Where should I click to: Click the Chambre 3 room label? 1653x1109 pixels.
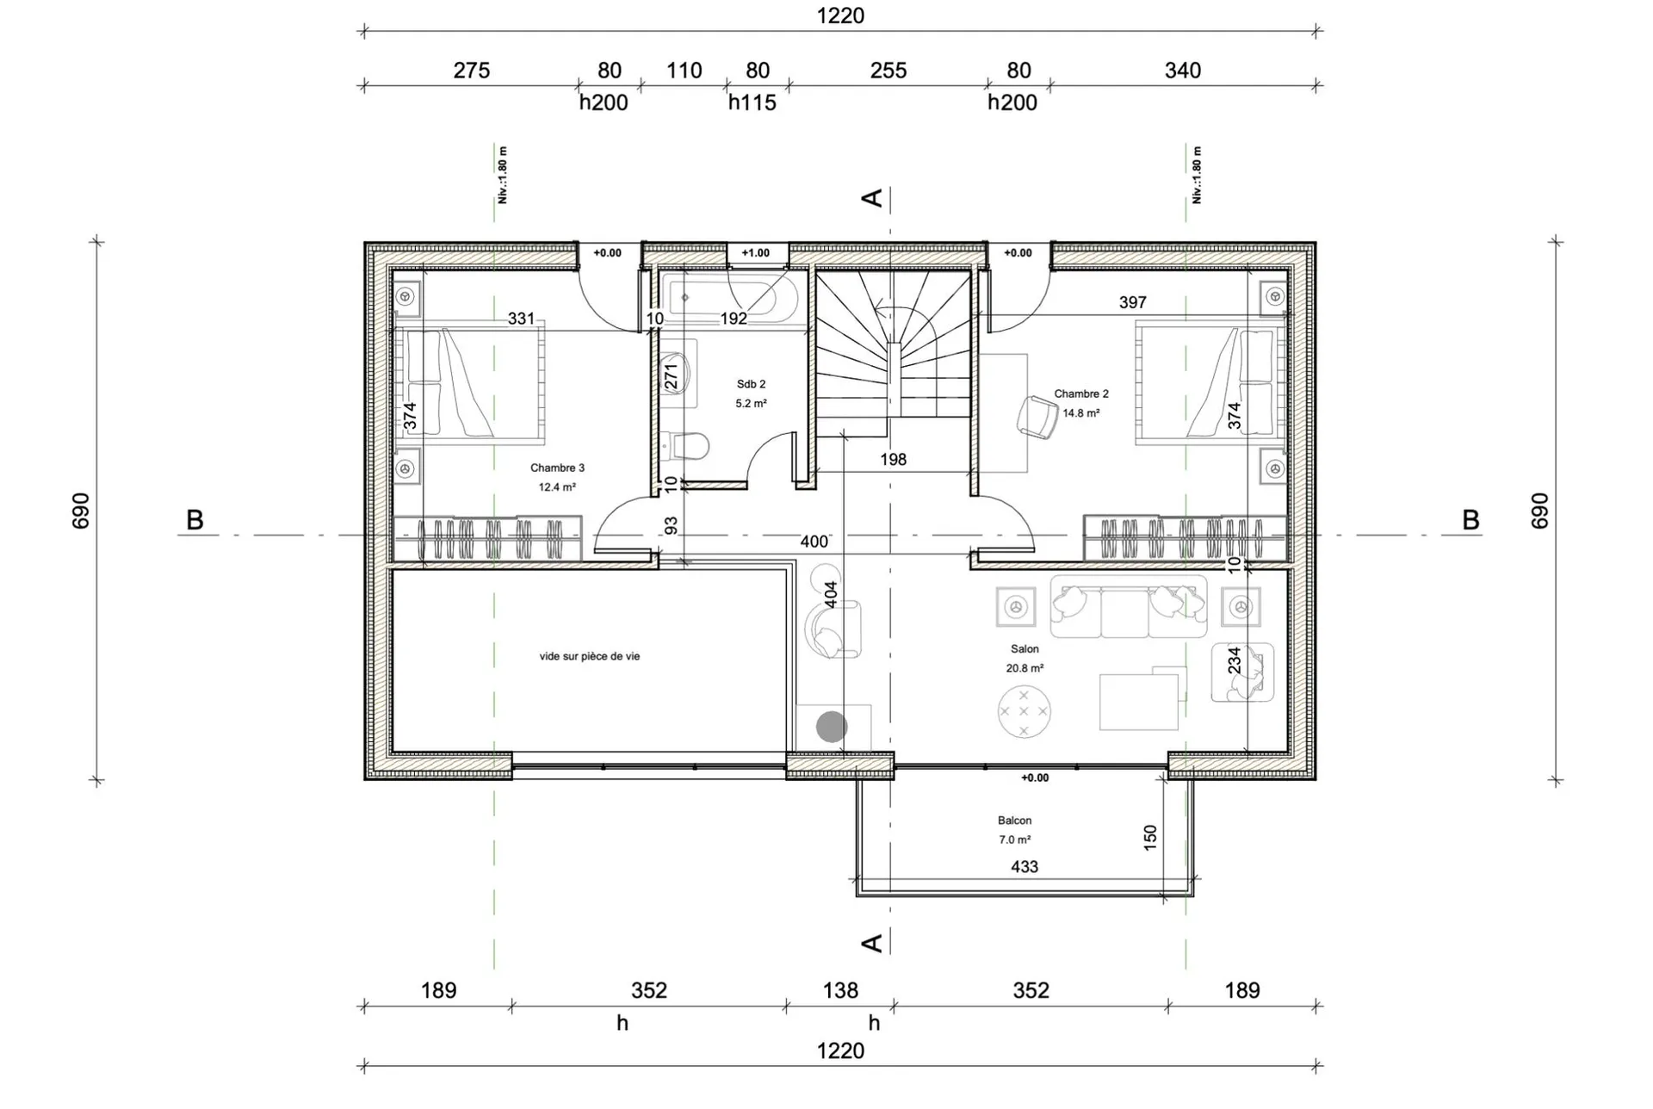click(557, 468)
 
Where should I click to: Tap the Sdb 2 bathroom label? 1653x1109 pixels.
click(751, 384)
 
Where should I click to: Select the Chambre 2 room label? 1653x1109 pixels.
click(1081, 393)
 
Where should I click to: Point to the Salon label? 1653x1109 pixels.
click(1025, 649)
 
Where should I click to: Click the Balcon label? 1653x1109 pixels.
click(1014, 821)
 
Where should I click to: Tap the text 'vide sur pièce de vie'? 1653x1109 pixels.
click(590, 656)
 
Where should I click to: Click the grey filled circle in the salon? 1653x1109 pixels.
click(832, 727)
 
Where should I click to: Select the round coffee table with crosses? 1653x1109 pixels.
click(1024, 711)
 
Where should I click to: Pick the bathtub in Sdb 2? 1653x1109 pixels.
click(728, 298)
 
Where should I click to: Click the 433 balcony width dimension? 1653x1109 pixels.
click(1025, 867)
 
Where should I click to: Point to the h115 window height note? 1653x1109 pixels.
click(752, 103)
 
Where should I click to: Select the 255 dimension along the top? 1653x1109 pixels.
click(888, 71)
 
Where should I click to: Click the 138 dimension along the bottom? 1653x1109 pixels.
click(840, 990)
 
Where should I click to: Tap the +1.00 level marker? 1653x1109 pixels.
click(755, 253)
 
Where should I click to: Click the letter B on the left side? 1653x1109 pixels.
click(195, 521)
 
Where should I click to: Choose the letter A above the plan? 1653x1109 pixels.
click(872, 198)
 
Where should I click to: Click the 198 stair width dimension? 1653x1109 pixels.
click(893, 460)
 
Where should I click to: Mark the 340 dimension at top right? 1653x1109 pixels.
click(1183, 71)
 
